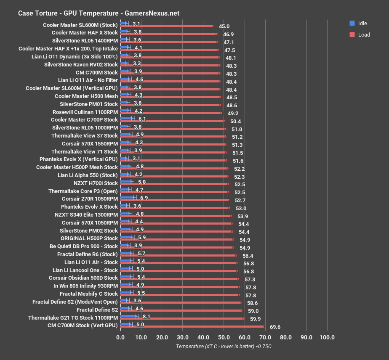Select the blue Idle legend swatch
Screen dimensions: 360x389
tap(352, 23)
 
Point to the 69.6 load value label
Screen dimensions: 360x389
tap(276, 327)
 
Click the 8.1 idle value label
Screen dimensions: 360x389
tap(147, 317)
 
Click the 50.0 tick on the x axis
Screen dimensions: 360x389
tap(224, 337)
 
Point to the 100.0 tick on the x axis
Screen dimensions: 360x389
tap(327, 337)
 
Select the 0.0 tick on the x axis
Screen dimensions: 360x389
tap(120, 337)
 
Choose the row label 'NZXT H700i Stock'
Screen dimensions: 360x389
tap(96, 183)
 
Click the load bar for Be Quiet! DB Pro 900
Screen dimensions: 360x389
tap(177, 247)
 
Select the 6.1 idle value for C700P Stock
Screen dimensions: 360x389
tap(142, 119)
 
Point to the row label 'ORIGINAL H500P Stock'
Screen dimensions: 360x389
tap(89, 238)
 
